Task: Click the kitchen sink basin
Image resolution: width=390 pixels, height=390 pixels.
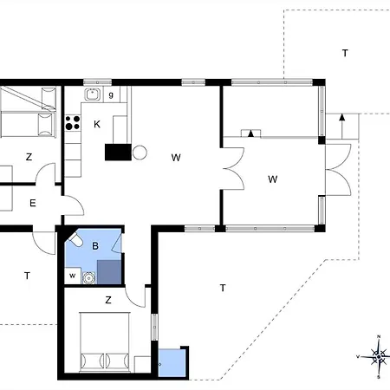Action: coord(93,94)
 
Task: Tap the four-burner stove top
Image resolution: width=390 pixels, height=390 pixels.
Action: coord(73,123)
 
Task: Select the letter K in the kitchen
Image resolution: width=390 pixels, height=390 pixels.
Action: coord(97,124)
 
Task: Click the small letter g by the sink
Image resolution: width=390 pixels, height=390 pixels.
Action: coord(111,94)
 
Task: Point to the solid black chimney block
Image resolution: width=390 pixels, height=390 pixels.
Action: coord(118,152)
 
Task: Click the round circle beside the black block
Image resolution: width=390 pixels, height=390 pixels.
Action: coord(140,153)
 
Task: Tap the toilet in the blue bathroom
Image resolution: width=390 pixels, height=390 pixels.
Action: coord(75,239)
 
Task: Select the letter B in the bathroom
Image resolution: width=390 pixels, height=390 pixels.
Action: coord(95,246)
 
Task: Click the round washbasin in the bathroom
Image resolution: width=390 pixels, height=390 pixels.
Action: coord(88,278)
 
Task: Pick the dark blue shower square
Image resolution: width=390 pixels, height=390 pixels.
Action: coord(109,272)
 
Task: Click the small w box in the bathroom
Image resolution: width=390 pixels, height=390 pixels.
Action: coord(72,276)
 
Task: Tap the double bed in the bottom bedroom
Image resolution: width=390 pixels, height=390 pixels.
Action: coord(105,341)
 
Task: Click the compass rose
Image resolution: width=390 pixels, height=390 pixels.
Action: coord(379,357)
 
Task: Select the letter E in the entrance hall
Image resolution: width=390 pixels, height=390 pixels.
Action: coord(33,203)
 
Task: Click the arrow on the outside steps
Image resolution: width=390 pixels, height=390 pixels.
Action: coord(342,127)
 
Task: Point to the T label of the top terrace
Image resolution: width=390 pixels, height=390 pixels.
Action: coord(345,53)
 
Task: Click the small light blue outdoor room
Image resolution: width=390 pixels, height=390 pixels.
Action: coord(172,363)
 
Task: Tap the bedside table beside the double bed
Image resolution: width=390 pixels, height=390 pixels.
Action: coord(142,364)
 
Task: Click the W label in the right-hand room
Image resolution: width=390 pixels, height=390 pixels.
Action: coord(273,179)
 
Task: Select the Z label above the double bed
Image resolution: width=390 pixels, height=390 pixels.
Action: coord(108,300)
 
